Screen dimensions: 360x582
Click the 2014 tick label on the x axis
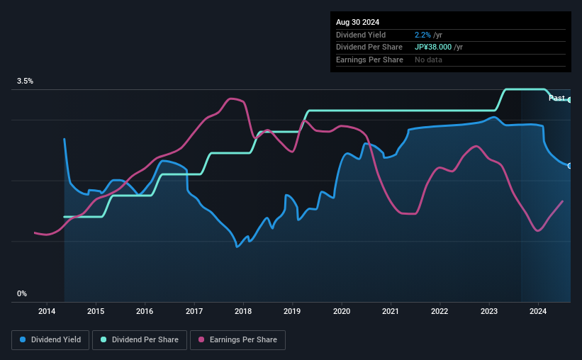click(x=47, y=311)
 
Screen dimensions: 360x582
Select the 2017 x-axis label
click(x=194, y=311)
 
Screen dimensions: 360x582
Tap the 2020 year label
click(x=342, y=311)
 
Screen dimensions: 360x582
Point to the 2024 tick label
click(x=538, y=311)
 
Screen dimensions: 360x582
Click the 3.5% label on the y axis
click(x=26, y=81)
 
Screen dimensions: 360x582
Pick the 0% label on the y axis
click(x=22, y=293)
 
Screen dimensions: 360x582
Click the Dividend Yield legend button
click(x=50, y=339)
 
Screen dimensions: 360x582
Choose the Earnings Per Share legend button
click(x=237, y=339)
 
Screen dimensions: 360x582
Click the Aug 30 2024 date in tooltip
click(x=357, y=22)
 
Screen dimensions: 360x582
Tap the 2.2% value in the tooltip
click(x=422, y=35)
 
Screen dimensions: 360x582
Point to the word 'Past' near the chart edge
click(x=556, y=98)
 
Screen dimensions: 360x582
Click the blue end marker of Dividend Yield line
click(x=570, y=166)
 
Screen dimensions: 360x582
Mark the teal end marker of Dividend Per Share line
click(x=570, y=100)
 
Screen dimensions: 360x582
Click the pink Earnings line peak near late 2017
click(x=232, y=99)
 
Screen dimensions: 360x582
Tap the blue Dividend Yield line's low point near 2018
click(x=237, y=247)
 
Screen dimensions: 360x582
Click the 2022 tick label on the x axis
click(x=440, y=311)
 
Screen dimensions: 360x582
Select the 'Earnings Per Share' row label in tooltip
click(x=369, y=60)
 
